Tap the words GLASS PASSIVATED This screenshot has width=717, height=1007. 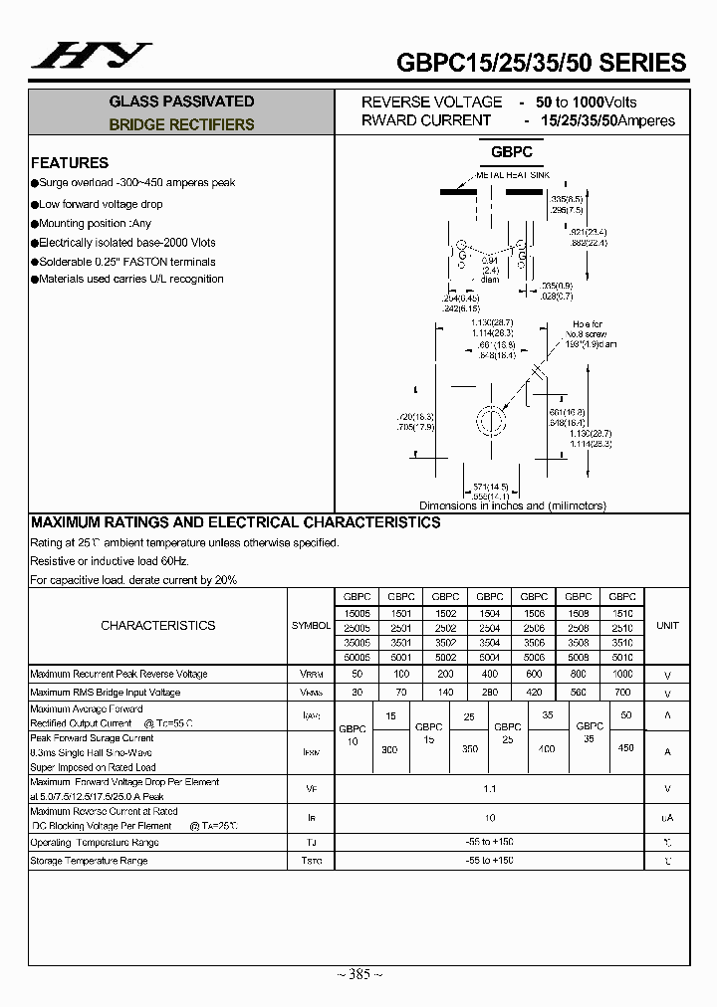click(181, 101)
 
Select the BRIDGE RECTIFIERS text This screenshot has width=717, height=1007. click(181, 125)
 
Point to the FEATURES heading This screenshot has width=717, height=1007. click(70, 163)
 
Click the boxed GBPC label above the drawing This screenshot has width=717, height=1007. click(511, 152)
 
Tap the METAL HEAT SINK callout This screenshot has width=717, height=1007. click(512, 175)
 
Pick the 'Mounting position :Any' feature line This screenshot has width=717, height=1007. click(95, 224)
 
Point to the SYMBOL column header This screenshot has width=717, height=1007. click(311, 625)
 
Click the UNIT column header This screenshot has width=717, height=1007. click(667, 625)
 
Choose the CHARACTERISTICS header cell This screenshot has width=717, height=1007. click(158, 625)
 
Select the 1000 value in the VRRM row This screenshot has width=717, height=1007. click(621, 674)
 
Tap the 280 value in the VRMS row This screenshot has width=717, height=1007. click(489, 692)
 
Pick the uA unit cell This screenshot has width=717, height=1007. click(667, 818)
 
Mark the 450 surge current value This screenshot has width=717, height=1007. click(625, 747)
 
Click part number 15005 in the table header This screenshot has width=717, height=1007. click(357, 613)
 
